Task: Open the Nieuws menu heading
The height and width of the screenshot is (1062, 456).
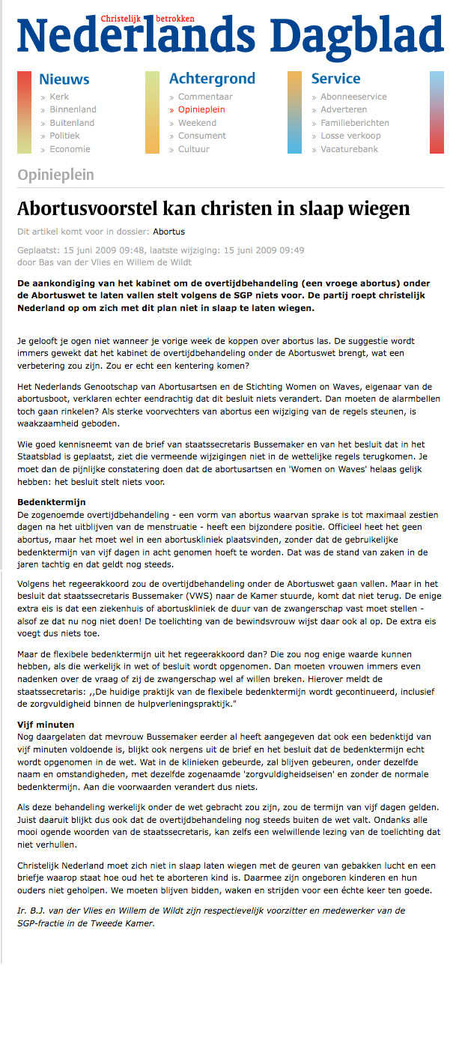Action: click(64, 79)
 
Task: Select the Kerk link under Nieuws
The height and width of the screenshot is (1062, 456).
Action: click(59, 97)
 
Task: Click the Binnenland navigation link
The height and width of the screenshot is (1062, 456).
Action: click(73, 109)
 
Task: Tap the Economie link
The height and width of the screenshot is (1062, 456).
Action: click(70, 149)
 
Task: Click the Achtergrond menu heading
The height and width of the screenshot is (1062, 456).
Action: click(212, 79)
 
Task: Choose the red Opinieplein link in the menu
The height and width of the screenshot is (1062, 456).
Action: click(201, 109)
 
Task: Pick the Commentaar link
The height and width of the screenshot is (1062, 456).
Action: click(205, 97)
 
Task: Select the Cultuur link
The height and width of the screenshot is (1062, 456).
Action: click(194, 149)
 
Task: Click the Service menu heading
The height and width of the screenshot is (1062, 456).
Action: click(335, 79)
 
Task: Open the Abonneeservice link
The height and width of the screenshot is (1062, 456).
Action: click(353, 97)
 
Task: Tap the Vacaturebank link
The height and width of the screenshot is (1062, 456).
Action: click(349, 149)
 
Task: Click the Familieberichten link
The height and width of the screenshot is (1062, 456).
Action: click(354, 123)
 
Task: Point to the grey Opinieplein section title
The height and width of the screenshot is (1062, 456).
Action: click(55, 175)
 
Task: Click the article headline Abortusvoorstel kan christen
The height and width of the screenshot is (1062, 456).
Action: click(213, 208)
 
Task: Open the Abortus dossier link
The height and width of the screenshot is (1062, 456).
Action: click(168, 232)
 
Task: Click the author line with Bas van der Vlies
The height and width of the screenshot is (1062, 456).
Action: click(104, 262)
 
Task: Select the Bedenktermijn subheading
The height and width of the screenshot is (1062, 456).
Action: click(52, 501)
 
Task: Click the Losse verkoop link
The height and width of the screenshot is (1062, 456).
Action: click(350, 136)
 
